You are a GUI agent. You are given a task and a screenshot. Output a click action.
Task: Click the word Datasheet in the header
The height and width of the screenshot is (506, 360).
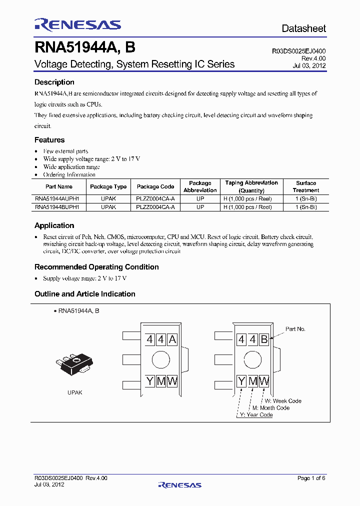303,28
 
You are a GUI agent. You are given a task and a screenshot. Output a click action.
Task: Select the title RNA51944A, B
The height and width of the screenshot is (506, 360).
84,47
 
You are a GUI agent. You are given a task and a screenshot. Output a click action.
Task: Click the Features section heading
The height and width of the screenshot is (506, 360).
49,140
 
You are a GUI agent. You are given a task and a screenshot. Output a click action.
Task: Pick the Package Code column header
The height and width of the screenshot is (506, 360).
155,186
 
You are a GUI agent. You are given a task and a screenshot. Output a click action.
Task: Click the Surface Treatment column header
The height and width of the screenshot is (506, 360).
305,186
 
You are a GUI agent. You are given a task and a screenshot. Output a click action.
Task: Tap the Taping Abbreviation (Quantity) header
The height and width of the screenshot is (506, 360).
251,186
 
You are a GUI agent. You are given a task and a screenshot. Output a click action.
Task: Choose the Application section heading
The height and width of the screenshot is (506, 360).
54,225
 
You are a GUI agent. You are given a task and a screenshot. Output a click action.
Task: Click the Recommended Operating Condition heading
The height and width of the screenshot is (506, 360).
96,267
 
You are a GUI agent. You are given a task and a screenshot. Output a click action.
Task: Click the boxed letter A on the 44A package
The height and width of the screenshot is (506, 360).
172,340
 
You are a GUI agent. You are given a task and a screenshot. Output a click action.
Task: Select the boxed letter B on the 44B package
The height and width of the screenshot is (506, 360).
264,340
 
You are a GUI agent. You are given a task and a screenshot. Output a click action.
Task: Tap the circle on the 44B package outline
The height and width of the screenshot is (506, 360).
252,360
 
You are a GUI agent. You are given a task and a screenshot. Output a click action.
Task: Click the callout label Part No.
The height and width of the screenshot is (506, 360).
295,329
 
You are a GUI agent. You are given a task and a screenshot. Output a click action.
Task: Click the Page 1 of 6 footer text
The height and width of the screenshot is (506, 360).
311,478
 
